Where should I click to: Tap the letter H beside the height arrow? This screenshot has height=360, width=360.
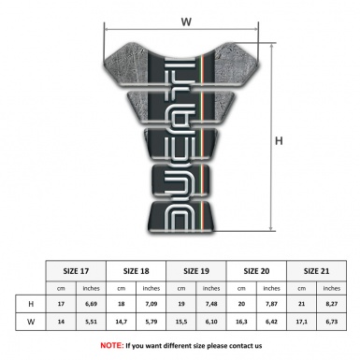[x=278, y=141]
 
